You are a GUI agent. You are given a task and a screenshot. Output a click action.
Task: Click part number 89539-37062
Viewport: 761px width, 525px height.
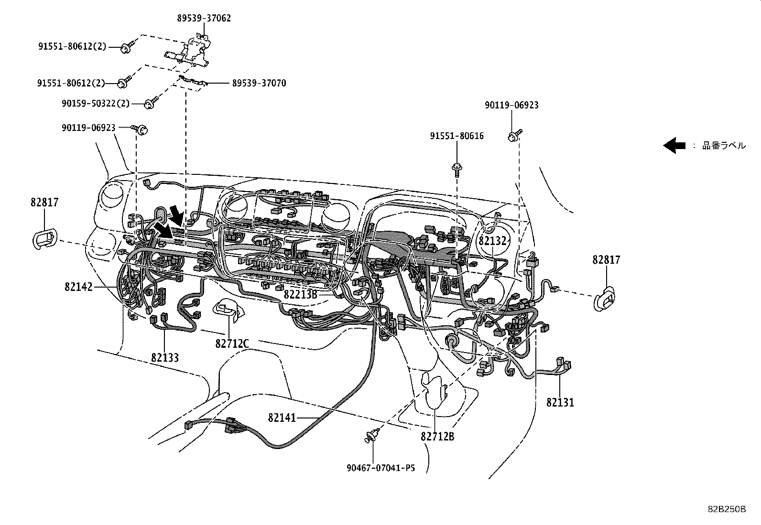204,18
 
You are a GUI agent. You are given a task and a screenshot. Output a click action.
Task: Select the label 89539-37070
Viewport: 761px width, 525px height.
259,83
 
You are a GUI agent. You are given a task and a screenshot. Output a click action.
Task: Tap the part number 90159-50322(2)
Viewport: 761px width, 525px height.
96,103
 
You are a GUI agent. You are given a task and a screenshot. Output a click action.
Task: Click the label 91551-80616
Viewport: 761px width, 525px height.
457,136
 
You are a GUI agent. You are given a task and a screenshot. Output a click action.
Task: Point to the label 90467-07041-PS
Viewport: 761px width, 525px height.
380,468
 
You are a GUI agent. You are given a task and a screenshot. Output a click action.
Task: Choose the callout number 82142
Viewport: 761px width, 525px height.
79,287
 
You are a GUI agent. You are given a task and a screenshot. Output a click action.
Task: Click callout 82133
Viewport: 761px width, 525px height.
165,357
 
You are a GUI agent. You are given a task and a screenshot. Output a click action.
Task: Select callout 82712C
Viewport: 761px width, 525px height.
232,343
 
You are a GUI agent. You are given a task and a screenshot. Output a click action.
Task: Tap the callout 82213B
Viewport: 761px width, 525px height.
300,294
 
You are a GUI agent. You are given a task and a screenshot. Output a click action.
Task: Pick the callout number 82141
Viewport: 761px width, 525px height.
282,418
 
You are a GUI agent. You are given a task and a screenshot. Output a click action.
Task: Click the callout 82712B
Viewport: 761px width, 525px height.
437,436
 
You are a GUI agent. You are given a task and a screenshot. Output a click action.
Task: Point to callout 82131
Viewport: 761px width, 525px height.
560,402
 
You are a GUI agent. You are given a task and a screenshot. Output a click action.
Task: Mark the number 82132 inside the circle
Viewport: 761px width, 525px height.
492,241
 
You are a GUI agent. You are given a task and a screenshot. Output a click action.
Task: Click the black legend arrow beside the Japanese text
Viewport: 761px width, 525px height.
674,145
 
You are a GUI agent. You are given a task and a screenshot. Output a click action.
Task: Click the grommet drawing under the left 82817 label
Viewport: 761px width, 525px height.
44,238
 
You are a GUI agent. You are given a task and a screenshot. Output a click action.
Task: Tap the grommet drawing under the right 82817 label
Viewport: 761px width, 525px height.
605,299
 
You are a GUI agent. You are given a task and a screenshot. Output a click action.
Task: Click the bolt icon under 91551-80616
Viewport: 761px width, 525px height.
457,169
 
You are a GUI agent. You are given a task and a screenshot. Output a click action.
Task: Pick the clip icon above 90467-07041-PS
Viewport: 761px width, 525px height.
371,436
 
